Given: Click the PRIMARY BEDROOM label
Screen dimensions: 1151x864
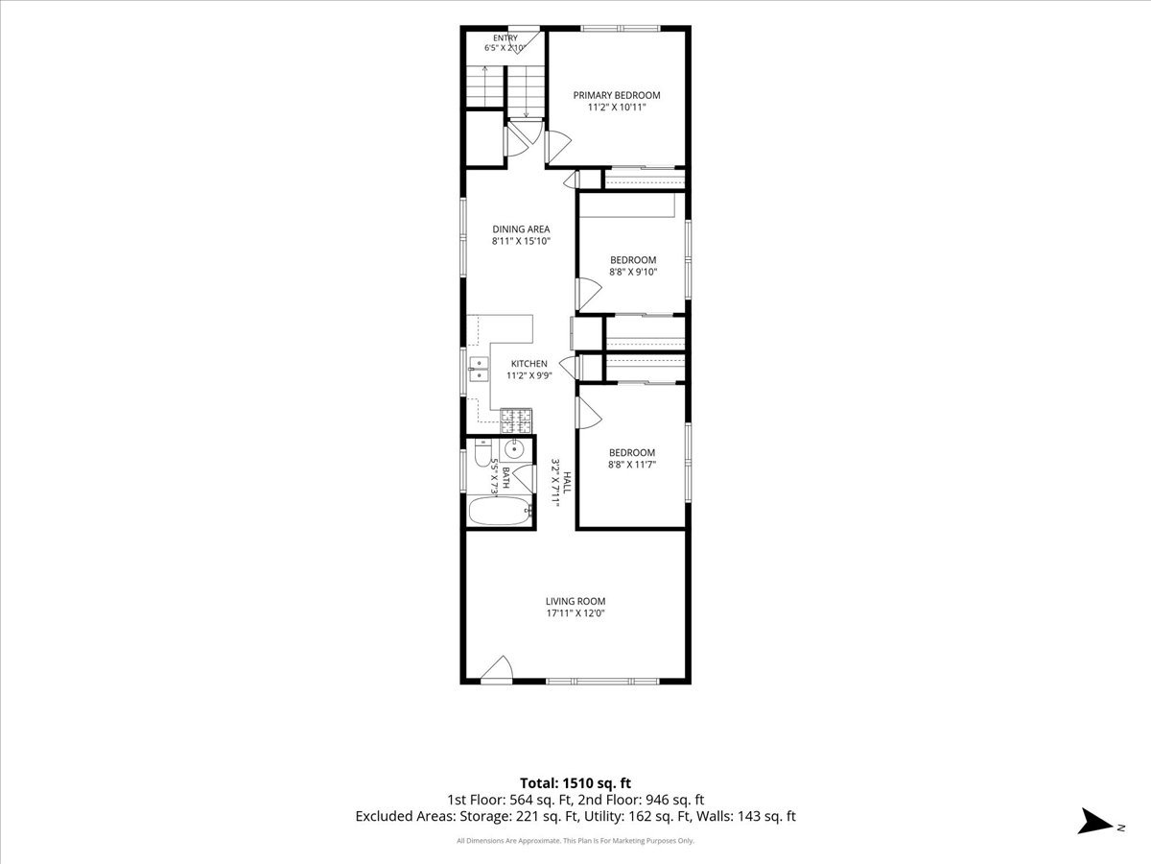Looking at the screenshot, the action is tap(616, 95).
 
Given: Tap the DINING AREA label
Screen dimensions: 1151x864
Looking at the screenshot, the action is tap(521, 229).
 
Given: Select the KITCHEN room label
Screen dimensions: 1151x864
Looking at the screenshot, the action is tap(529, 364).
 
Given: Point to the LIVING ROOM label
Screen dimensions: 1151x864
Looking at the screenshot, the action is tap(575, 601).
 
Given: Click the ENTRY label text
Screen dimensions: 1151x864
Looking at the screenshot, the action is tap(505, 37).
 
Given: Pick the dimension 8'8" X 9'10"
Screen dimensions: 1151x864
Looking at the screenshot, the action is tap(633, 272).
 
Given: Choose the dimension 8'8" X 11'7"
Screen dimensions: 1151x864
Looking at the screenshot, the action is tap(632, 465).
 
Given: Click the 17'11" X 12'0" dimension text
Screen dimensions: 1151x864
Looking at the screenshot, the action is tap(575, 613).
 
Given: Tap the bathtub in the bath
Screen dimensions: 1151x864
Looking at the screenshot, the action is tap(501, 511).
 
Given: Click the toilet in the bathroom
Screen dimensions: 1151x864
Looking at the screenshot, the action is tap(482, 453).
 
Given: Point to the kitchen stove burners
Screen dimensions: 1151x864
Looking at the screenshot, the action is tap(516, 421).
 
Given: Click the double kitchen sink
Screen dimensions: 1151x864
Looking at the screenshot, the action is tap(479, 370).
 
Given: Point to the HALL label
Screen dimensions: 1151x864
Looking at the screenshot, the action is tap(566, 483).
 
